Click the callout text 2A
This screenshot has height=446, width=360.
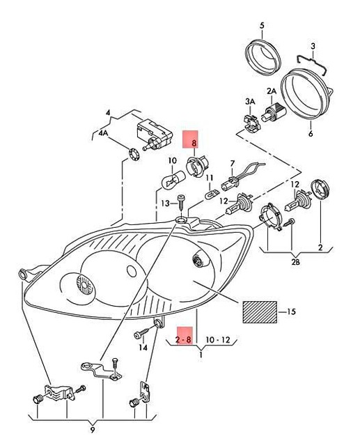272,91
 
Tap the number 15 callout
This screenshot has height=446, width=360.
290,311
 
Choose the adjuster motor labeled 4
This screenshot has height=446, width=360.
155,132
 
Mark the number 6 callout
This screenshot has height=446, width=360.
310,134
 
